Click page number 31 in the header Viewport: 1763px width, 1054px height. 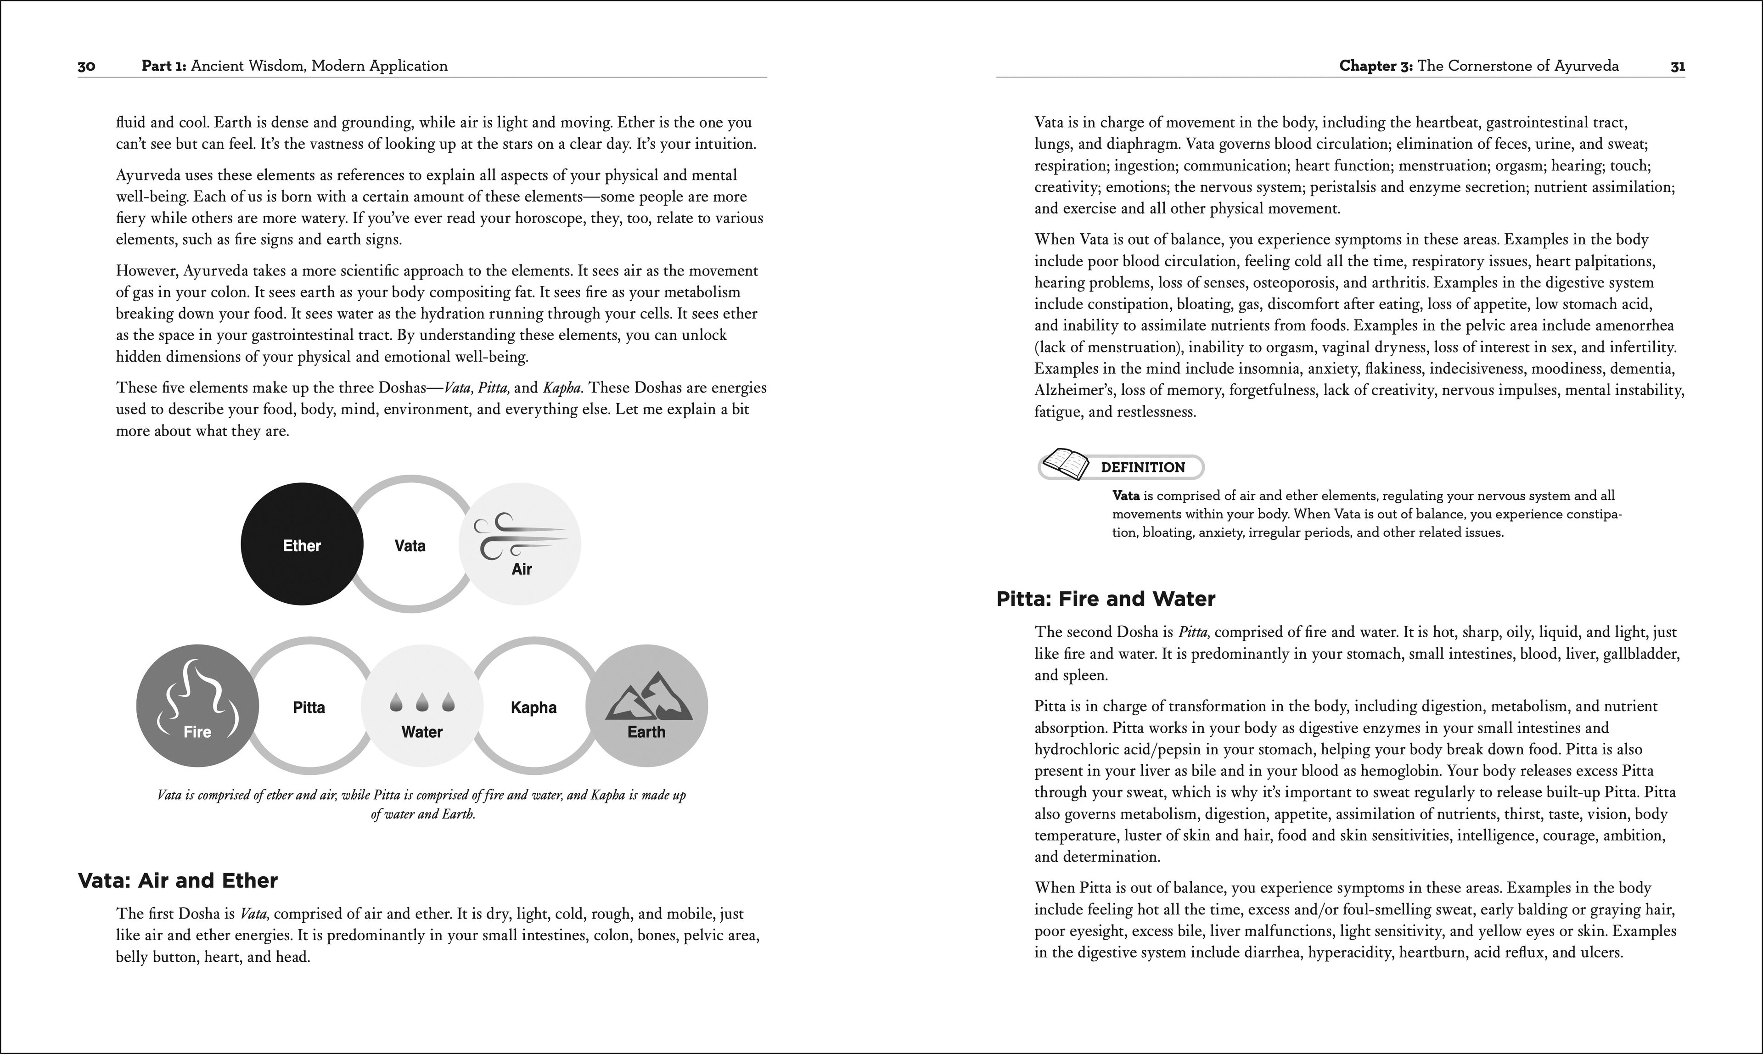[1677, 66]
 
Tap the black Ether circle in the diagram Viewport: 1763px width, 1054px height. [302, 545]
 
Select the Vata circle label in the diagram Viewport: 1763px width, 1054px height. [410, 545]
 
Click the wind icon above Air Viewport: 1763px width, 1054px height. [521, 536]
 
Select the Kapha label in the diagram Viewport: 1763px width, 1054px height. [533, 707]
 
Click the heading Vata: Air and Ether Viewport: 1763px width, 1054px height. [178, 880]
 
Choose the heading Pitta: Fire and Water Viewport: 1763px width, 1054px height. [1105, 599]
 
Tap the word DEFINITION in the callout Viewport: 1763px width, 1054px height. [1142, 467]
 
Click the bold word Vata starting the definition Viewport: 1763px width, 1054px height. [1126, 496]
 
